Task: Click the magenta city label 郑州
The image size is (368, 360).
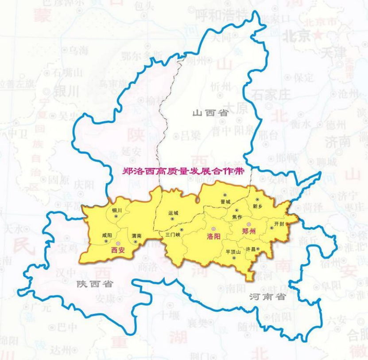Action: pyautogui.click(x=248, y=231)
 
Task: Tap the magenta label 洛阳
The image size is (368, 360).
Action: pyautogui.click(x=214, y=236)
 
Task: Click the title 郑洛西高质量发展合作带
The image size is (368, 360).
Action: pyautogui.click(x=183, y=171)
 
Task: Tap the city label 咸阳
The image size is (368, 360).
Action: pyautogui.click(x=108, y=235)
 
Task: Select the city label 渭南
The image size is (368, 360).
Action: pyautogui.click(x=136, y=236)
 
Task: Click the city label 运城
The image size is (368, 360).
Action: pyautogui.click(x=173, y=213)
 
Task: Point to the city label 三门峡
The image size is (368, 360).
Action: pyautogui.click(x=172, y=235)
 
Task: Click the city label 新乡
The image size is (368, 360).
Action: pyautogui.click(x=258, y=206)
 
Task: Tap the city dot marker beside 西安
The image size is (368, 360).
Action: pyautogui.click(x=117, y=244)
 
